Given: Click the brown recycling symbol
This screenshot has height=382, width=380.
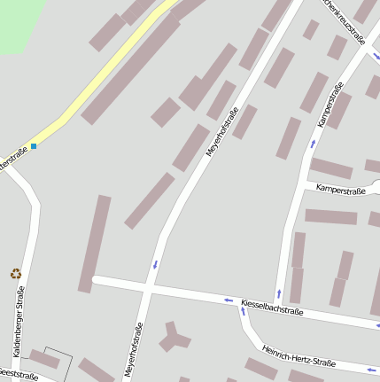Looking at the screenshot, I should tap(15, 274).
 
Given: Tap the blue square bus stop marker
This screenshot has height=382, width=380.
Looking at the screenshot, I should tap(34, 145).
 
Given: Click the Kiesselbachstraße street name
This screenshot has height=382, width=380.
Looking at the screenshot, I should tap(272, 307).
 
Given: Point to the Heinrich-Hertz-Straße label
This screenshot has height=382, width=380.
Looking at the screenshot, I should tap(299, 351).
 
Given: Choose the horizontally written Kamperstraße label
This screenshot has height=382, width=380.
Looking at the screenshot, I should tap(341, 190).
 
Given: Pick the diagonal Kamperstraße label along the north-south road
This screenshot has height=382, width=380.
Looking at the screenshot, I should tap(330, 105).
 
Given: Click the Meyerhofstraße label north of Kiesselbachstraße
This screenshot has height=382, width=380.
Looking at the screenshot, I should tap(223, 132).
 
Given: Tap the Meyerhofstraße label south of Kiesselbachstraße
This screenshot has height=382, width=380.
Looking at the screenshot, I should tap(134, 352).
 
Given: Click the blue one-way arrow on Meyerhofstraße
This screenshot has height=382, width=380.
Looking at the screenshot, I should tap(156, 264).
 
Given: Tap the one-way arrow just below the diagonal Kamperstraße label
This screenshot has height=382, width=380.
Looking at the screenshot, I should tap(312, 143).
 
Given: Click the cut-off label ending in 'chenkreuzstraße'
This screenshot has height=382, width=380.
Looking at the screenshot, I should tap(345, 21).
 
